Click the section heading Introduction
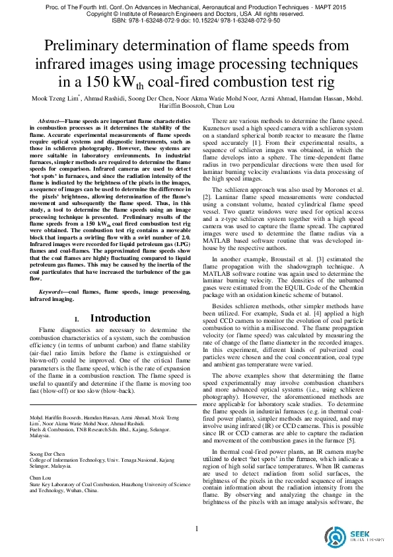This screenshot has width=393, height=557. (x=120, y=318)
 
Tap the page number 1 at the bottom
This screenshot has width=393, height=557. (x=196, y=528)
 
